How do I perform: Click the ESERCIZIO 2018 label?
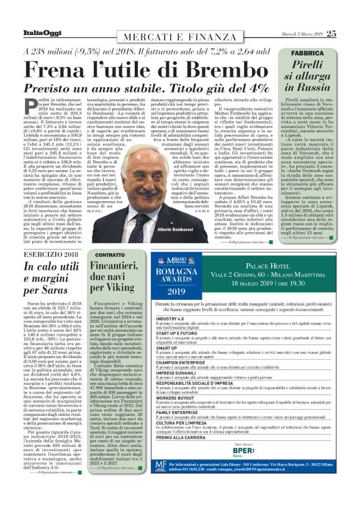point(50,256)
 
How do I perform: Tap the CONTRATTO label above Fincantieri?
point(110,255)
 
